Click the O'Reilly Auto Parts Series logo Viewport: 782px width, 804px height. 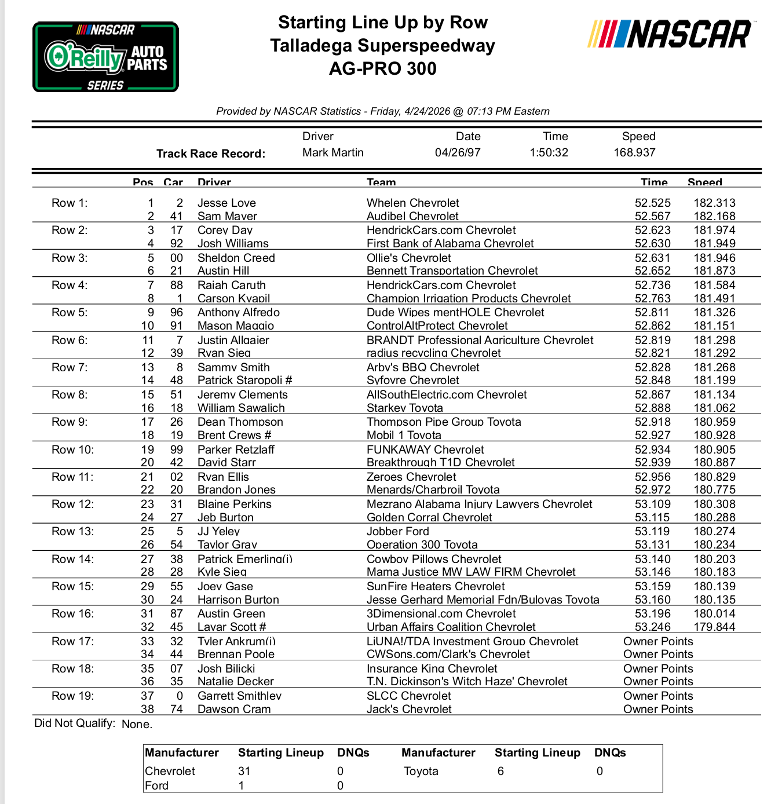(x=105, y=57)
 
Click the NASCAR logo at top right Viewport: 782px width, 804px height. (x=670, y=34)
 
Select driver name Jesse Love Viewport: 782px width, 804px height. (x=226, y=203)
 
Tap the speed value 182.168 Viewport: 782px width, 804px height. (x=714, y=216)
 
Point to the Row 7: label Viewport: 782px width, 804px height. (x=70, y=367)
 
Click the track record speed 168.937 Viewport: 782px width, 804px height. (x=634, y=152)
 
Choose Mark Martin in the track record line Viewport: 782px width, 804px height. (x=332, y=152)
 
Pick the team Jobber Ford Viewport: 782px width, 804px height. (x=397, y=531)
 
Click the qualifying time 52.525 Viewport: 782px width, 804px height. (x=652, y=203)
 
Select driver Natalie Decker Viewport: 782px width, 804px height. (x=235, y=681)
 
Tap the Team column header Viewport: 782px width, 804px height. (x=381, y=182)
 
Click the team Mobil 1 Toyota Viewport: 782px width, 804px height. (x=404, y=435)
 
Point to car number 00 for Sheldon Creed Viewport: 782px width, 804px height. (x=176, y=258)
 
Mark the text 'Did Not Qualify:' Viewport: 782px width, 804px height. (x=75, y=723)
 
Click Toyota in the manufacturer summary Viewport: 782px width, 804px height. (x=421, y=771)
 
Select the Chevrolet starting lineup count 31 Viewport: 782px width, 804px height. (x=244, y=771)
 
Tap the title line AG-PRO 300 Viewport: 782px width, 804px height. (x=382, y=68)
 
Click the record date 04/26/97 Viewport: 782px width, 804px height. (x=458, y=152)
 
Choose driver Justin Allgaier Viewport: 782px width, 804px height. (x=233, y=340)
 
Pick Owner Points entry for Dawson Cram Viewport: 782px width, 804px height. (x=657, y=709)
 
